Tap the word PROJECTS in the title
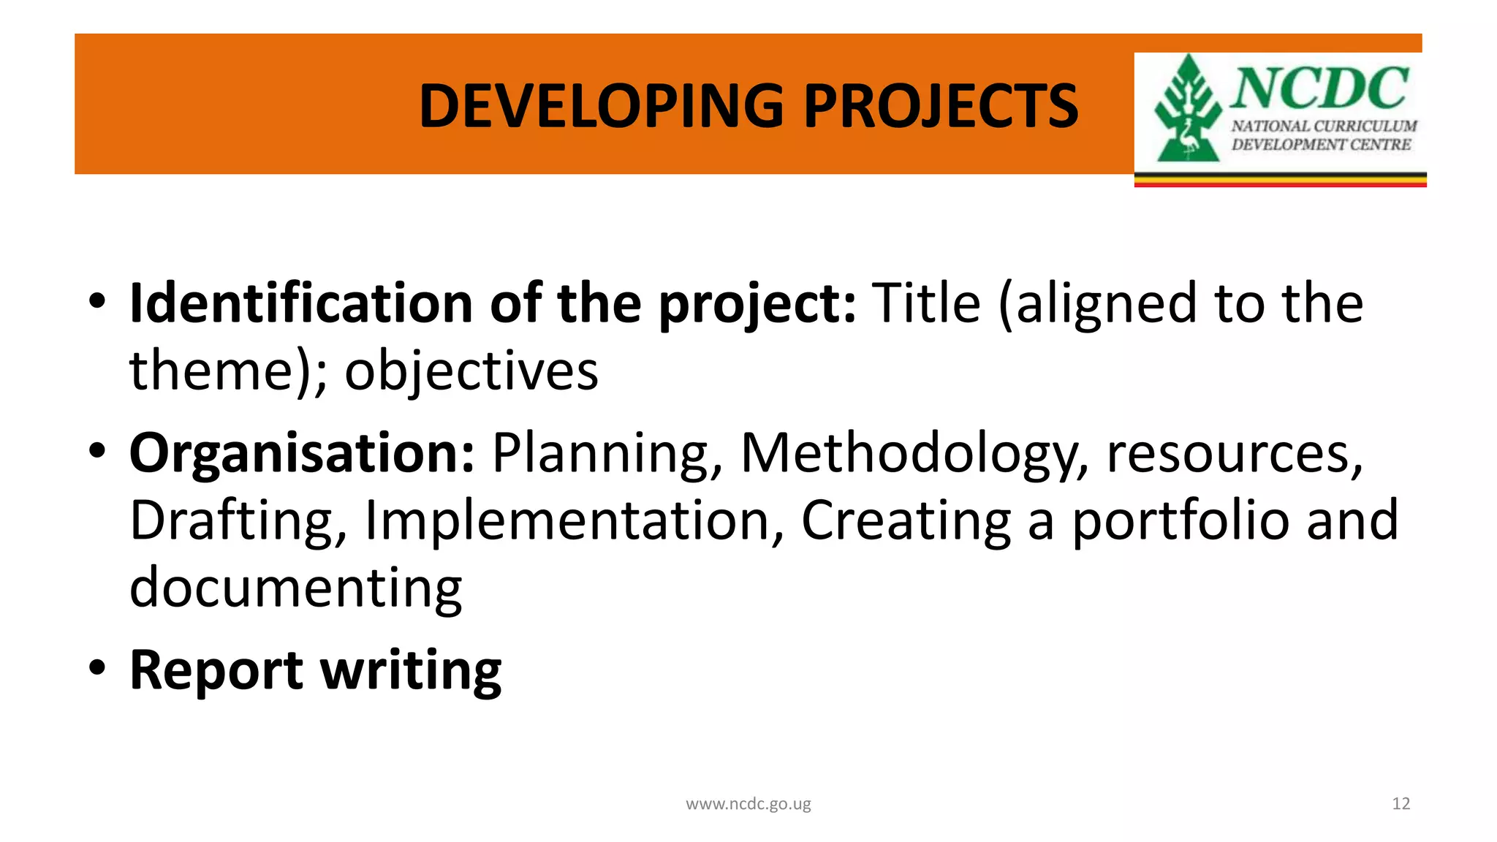pos(941,106)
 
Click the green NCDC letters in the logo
pos(1319,88)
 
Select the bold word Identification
pos(300,303)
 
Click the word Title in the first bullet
pos(926,303)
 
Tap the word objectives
pos(471,371)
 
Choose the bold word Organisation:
pos(302,454)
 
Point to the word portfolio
pos(1180,520)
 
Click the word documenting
pos(295,588)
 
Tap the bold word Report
pos(216,670)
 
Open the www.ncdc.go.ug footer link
pos(748,804)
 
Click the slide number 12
pos(1401,804)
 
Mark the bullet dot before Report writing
pos(98,667)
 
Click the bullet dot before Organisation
pos(98,450)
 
